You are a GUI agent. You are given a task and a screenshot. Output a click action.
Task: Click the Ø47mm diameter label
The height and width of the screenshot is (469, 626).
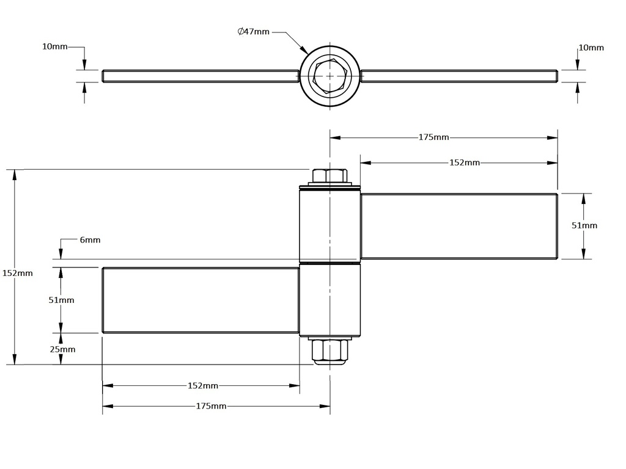[253, 32]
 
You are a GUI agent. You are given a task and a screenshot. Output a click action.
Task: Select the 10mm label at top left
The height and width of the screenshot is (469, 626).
[54, 47]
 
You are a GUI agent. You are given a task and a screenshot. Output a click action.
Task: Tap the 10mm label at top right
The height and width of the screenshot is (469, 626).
[591, 47]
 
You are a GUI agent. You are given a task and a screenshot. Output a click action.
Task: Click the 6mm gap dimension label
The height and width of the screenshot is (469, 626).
[90, 240]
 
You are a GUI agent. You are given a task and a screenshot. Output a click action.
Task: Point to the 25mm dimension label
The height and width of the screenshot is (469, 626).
[63, 349]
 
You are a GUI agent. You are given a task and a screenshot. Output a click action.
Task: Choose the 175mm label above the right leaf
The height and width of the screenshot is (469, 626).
[433, 137]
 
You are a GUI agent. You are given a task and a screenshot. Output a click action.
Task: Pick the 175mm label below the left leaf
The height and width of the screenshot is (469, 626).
[211, 406]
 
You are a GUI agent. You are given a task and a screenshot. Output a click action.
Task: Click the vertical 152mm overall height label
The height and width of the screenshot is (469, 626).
[17, 273]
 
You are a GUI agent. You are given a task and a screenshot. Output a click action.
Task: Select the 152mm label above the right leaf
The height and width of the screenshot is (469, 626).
[465, 162]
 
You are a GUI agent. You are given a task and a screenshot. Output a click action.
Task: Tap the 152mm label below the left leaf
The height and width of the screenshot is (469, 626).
[202, 385]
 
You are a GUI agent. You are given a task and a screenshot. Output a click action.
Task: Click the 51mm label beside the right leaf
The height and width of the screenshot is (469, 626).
[584, 225]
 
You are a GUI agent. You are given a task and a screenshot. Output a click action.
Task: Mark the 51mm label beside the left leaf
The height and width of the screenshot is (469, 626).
[61, 300]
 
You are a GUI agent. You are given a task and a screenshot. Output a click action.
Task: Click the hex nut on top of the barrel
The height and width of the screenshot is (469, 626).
[330, 176]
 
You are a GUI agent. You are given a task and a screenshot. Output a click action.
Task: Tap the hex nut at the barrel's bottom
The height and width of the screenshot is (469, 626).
[330, 351]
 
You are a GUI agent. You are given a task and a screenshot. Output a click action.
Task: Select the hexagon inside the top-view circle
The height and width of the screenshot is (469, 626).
[330, 76]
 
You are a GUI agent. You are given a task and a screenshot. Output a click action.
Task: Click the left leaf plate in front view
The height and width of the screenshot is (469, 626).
[201, 300]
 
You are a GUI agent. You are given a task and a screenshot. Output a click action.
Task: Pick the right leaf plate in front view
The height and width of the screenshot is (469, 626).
[458, 226]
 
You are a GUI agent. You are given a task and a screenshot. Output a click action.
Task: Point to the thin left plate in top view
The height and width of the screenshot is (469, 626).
[201, 76]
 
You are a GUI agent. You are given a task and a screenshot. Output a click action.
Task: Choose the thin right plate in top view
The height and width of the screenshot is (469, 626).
[458, 76]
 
